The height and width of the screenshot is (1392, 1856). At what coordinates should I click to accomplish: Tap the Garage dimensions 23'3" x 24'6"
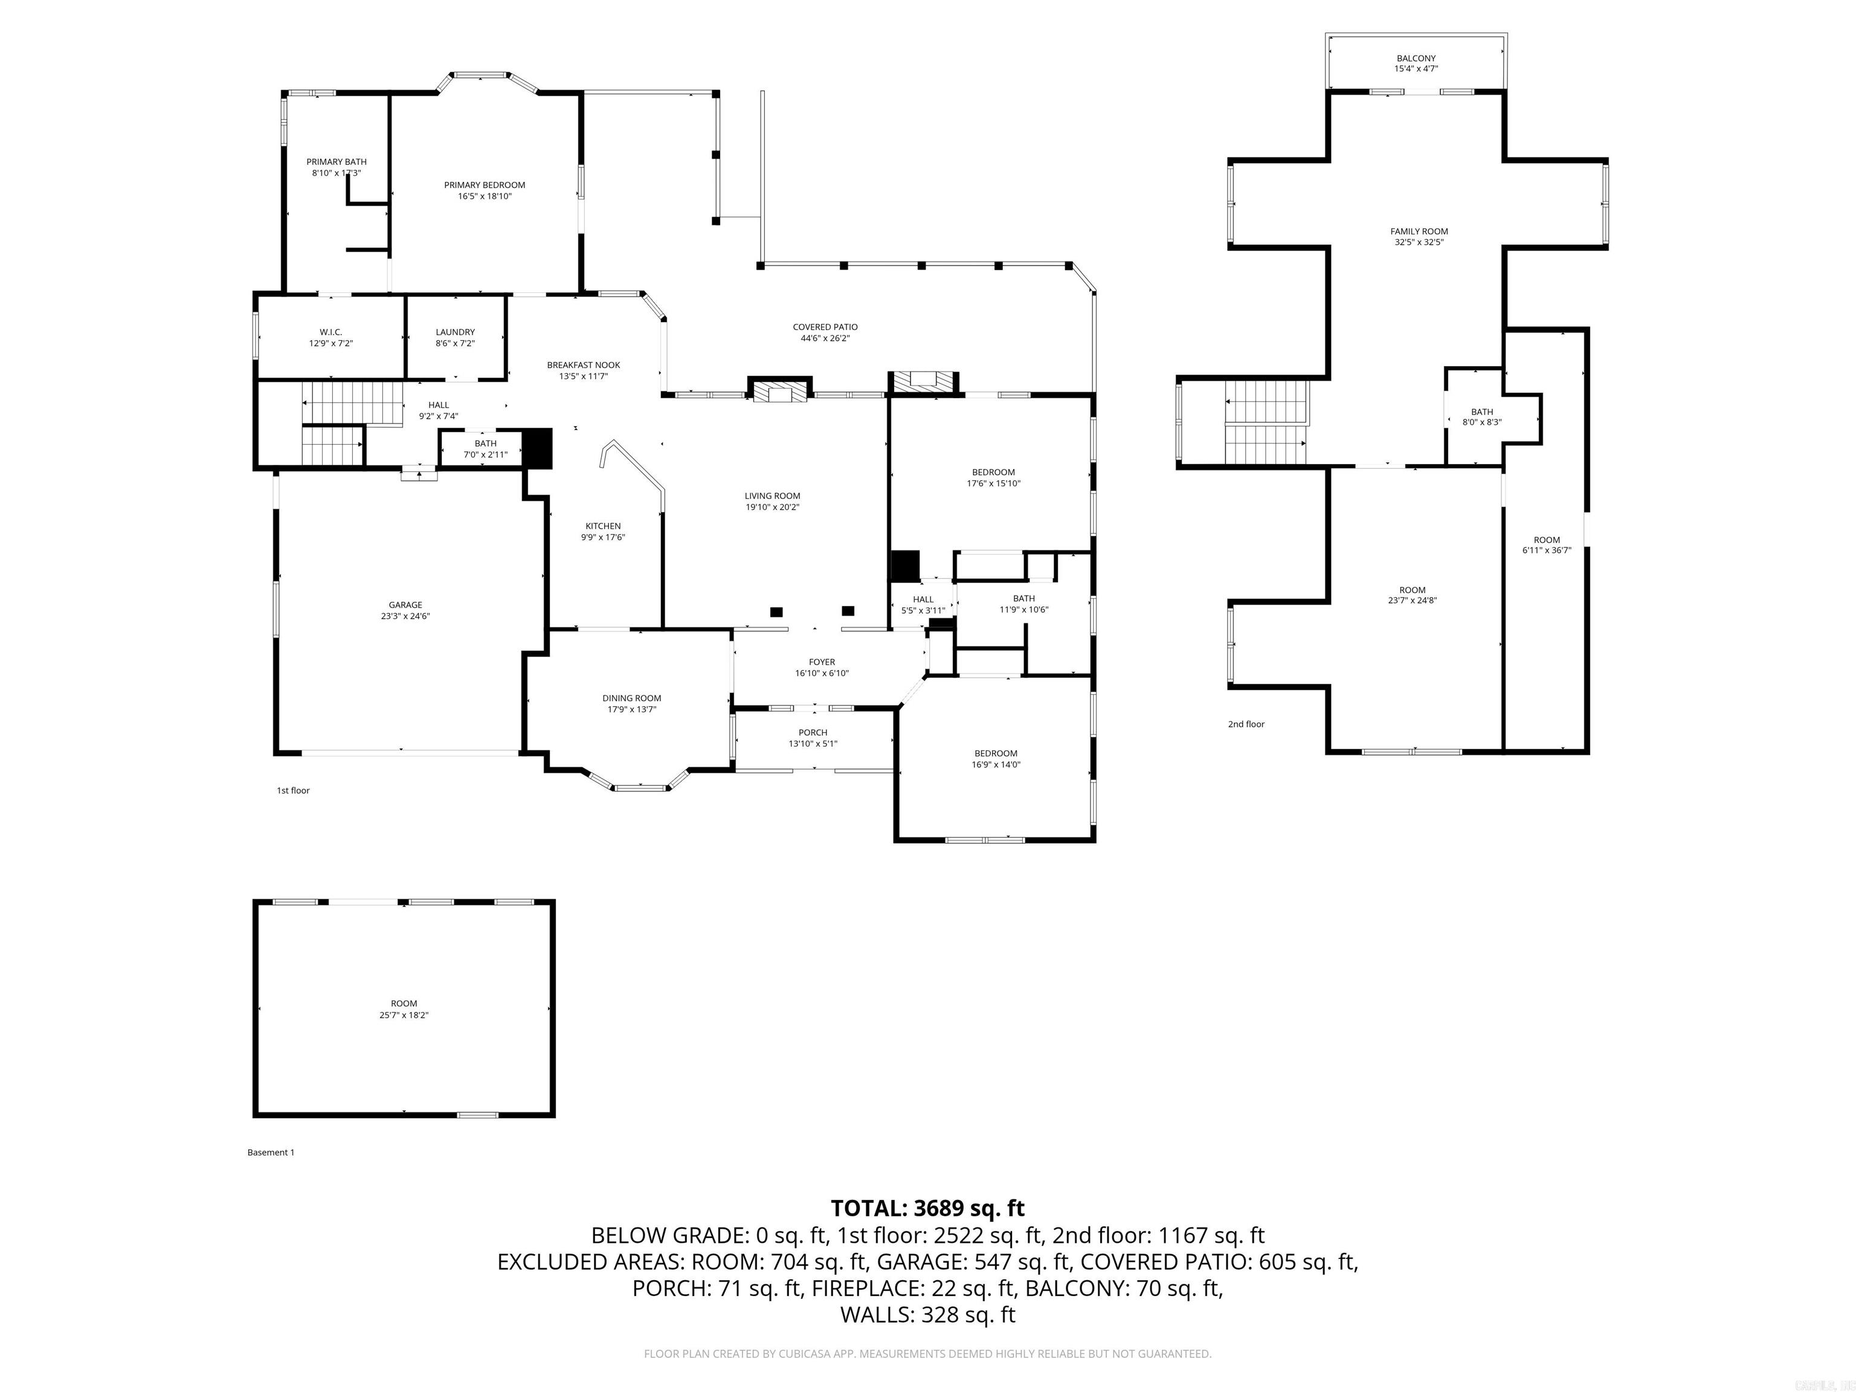(x=405, y=616)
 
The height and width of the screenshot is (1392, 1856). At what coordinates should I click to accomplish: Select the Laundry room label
(x=455, y=332)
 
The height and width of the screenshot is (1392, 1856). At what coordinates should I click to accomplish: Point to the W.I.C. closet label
(x=330, y=332)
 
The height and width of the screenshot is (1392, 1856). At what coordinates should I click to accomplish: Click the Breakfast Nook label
(x=583, y=365)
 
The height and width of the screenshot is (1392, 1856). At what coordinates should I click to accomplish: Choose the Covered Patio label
(x=825, y=327)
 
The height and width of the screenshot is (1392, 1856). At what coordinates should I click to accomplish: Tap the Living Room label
(x=772, y=496)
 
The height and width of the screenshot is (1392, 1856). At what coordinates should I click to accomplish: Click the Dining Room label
(x=631, y=698)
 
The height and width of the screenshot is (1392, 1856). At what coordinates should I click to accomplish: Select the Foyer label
(x=822, y=662)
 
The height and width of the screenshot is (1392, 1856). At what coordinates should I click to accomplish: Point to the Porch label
(x=812, y=732)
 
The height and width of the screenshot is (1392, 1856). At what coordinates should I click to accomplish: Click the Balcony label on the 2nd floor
(x=1416, y=59)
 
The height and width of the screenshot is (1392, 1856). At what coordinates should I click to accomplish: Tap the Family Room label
(x=1419, y=231)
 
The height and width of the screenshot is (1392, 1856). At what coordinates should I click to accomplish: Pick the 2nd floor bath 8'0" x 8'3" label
(x=1482, y=417)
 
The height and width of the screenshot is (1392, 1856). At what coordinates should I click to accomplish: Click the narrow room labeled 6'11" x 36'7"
(x=1547, y=546)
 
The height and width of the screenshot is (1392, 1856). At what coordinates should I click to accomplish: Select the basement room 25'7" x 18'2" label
(x=404, y=1008)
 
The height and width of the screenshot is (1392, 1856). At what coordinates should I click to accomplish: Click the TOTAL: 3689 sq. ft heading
(x=927, y=1208)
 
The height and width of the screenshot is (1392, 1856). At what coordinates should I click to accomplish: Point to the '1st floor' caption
(x=293, y=790)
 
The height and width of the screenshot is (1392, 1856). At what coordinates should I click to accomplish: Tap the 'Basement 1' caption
(x=270, y=1152)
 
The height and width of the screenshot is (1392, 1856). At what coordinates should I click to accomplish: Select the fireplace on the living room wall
(x=779, y=391)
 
